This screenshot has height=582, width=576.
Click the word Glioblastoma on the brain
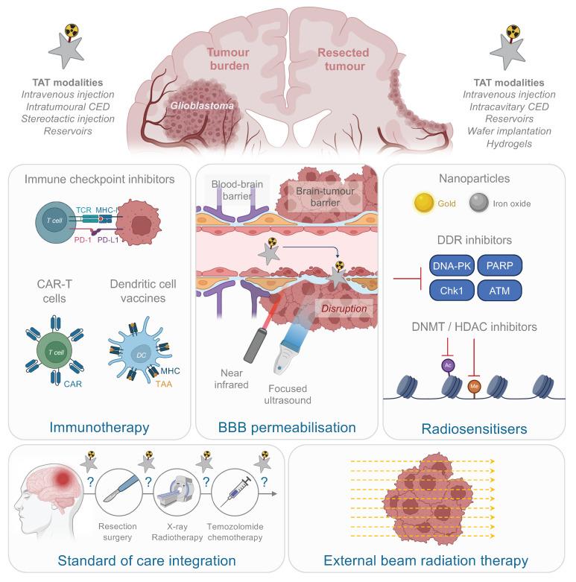[195, 107]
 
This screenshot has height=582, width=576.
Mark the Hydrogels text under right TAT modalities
[509, 143]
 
